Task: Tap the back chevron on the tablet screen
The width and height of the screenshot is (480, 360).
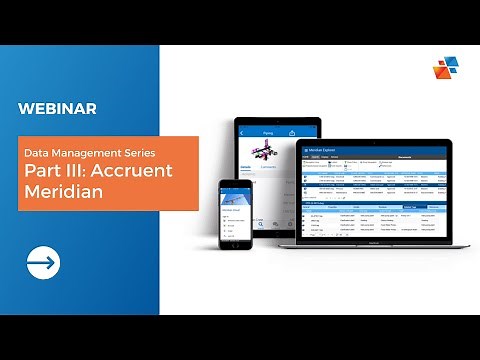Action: [243, 131]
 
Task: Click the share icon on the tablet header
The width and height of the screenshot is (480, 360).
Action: [291, 131]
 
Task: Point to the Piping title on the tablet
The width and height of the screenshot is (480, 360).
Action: [267, 131]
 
